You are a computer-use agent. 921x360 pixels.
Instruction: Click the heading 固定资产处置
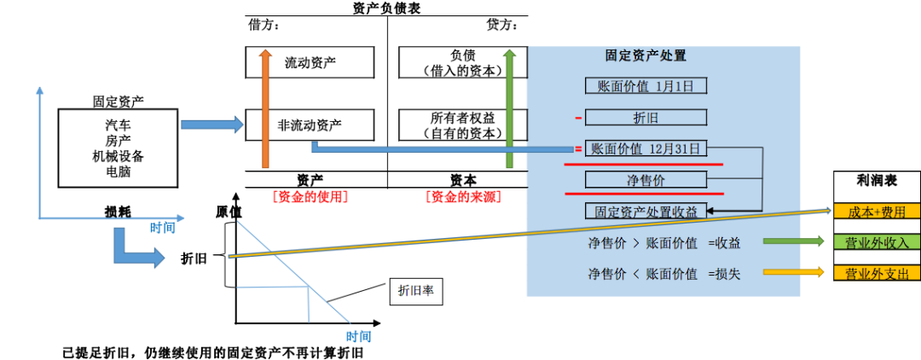coord(646,56)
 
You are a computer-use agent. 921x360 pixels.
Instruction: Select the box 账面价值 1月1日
coord(646,85)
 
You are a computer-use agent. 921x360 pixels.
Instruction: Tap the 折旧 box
coord(646,118)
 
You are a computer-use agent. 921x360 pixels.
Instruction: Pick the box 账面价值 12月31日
coord(646,148)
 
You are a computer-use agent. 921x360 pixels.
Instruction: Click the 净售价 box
coord(646,179)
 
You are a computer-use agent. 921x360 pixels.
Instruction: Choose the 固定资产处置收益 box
coord(646,211)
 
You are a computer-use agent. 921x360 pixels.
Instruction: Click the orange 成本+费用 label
coord(878,212)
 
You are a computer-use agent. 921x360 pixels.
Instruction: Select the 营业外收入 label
coord(878,242)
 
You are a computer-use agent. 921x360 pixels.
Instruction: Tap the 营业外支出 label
coord(878,273)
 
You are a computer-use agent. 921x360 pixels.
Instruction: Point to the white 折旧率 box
coord(416,291)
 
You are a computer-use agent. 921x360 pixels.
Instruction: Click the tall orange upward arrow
coord(265,107)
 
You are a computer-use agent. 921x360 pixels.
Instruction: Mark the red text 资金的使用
coord(310,197)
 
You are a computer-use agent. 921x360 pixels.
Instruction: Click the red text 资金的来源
coord(463,197)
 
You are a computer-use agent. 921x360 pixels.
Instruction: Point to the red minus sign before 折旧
coord(578,118)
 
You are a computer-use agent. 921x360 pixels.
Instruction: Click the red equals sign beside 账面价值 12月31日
coord(578,148)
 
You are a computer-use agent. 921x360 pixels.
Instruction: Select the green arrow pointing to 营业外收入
coord(793,241)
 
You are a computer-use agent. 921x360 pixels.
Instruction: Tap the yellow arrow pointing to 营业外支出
coord(793,272)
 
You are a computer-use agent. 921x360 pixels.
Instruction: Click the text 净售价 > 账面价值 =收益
coord(663,243)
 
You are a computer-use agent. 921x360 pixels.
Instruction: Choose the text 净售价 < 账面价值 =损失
coord(663,274)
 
